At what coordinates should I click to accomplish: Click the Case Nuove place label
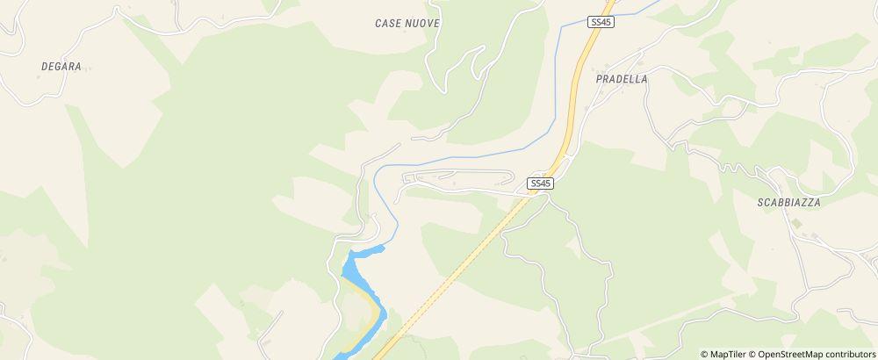[x=407, y=23]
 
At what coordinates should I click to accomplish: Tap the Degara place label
[x=61, y=66]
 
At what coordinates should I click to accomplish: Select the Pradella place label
[x=621, y=78]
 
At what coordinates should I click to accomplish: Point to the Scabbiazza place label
[x=788, y=203]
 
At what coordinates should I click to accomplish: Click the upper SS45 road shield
[x=600, y=22]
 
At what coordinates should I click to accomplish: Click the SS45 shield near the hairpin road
[x=541, y=184]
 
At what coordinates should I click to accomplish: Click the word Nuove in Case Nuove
[x=421, y=23]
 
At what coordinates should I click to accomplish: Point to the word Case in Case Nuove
[x=387, y=23]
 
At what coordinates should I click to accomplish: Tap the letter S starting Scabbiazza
[x=759, y=203]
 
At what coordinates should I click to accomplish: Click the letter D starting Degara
[x=44, y=66]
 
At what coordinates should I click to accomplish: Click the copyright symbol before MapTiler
[x=704, y=354]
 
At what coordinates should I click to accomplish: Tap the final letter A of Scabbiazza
[x=817, y=203]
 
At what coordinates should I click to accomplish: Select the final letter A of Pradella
[x=644, y=78]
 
